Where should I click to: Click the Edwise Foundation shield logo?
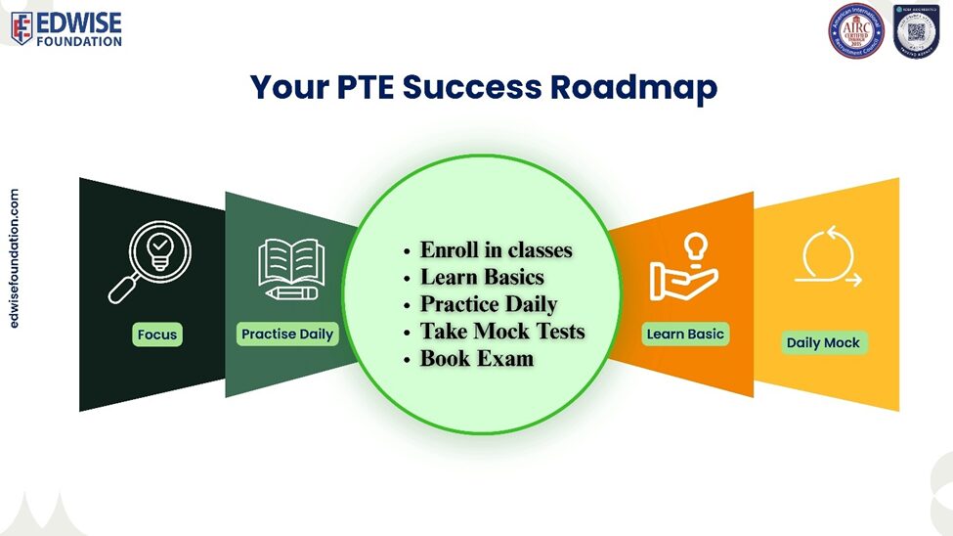[x=22, y=28]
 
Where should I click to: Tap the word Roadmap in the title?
[x=633, y=87]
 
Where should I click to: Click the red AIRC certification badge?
[x=855, y=30]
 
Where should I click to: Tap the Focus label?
[x=157, y=335]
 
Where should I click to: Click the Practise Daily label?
[x=287, y=335]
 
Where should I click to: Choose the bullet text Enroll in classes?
[x=496, y=249]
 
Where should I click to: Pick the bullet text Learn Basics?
[x=482, y=277]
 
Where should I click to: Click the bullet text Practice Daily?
[x=488, y=304]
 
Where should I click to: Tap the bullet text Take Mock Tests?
[x=502, y=332]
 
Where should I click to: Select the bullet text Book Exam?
[x=477, y=359]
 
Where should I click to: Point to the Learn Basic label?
[x=685, y=335]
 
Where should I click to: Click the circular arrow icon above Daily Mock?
[x=827, y=259]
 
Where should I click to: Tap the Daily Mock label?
[x=823, y=343]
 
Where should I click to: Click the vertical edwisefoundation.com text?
[x=14, y=258]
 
